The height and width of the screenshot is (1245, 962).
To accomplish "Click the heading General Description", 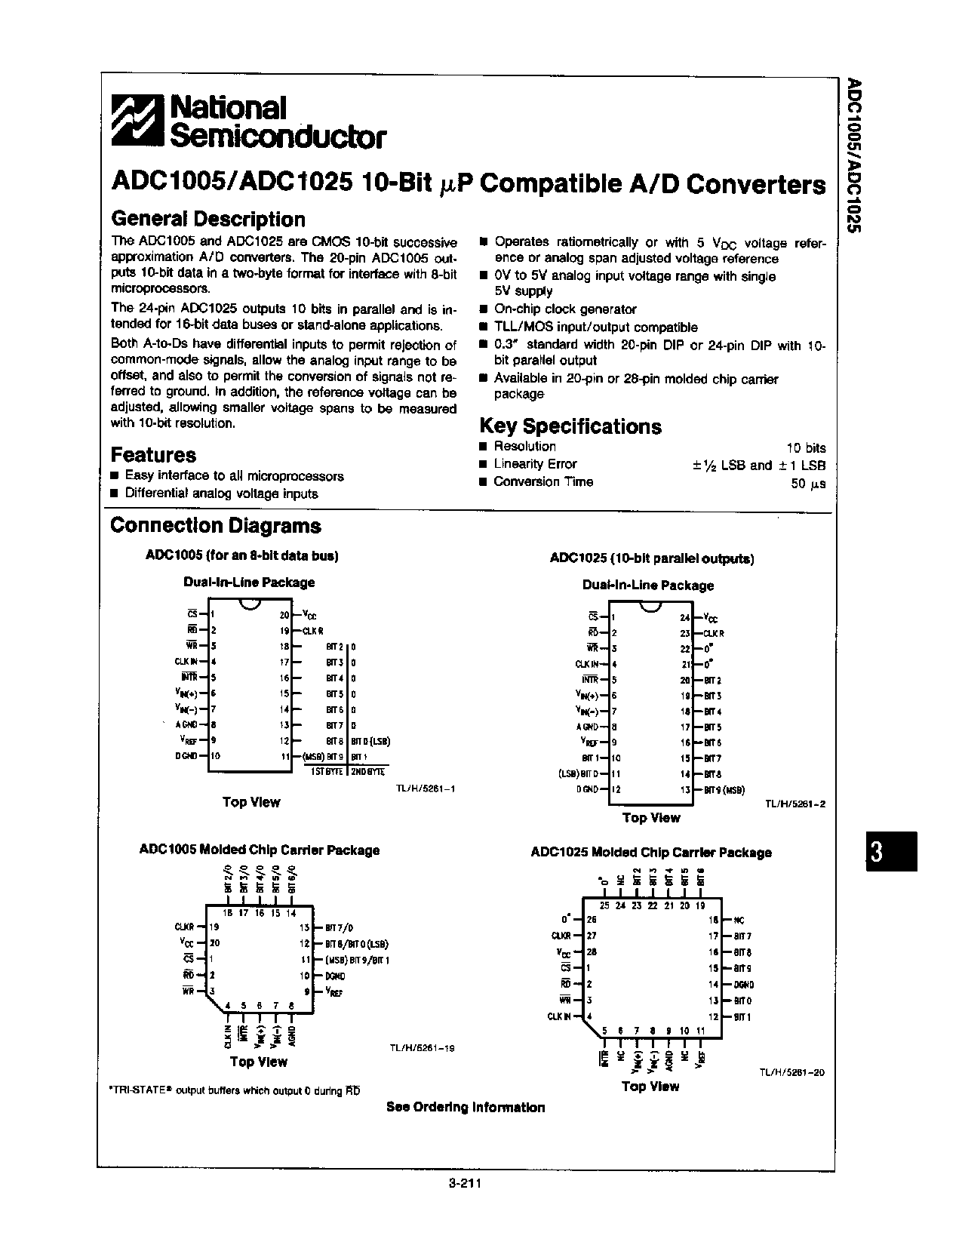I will click(207, 220).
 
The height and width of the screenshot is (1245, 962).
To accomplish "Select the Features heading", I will click(153, 455).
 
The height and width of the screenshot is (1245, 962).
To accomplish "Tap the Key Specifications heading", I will click(570, 426).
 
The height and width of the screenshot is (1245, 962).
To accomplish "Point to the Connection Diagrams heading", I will click(216, 526).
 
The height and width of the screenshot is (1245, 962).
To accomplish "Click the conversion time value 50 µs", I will click(808, 484).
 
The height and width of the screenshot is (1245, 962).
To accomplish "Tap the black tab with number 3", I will click(891, 851).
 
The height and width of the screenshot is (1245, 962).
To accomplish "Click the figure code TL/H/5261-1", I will click(426, 788).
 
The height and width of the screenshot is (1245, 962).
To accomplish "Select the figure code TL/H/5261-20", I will click(791, 1071).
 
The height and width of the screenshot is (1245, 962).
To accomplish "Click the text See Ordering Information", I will click(466, 1108).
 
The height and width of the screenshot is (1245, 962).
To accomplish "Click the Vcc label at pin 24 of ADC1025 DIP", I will click(710, 618).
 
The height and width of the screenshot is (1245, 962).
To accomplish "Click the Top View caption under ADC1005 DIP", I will click(251, 802).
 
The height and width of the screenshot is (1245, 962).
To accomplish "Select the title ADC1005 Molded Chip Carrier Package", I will click(260, 850).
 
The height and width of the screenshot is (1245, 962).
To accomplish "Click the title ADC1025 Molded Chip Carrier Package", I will click(651, 853).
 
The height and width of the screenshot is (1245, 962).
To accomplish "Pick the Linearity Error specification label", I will click(535, 464).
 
